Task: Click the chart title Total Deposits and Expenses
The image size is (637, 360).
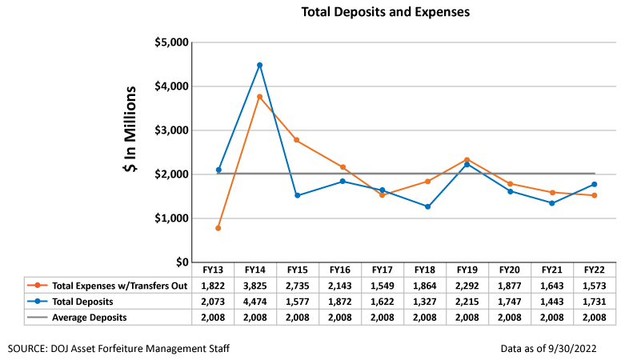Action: (x=385, y=13)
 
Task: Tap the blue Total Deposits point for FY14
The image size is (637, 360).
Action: (x=259, y=65)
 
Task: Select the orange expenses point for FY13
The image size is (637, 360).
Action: (x=218, y=228)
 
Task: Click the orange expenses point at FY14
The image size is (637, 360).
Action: (x=259, y=97)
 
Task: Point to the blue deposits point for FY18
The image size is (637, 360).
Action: (x=427, y=206)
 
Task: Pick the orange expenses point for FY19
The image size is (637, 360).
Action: (x=467, y=160)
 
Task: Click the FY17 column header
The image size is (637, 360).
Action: (x=383, y=270)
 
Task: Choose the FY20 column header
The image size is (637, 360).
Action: (x=510, y=270)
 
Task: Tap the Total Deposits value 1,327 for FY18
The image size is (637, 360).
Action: (x=425, y=302)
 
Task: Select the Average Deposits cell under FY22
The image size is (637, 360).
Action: (x=595, y=317)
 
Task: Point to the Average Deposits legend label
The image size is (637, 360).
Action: (x=90, y=317)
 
